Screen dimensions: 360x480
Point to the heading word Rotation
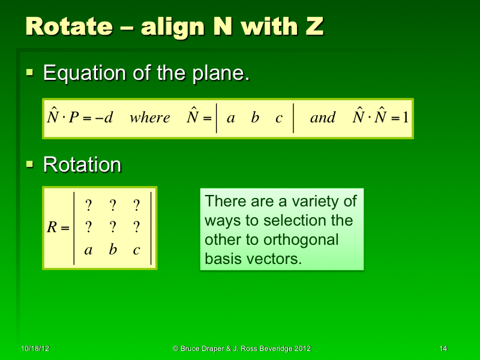point(82,164)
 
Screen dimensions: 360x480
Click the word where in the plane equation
point(149,118)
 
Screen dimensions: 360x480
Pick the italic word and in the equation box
point(323,118)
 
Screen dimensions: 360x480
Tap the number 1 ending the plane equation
point(406,118)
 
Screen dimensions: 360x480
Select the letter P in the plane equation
point(74,118)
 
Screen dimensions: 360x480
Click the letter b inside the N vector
point(255,118)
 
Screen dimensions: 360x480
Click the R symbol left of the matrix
point(53,228)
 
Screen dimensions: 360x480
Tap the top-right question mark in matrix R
point(136,206)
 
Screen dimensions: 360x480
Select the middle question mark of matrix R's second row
point(112,227)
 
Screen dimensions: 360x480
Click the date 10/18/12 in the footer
point(35,349)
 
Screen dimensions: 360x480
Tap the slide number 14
point(443,349)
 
